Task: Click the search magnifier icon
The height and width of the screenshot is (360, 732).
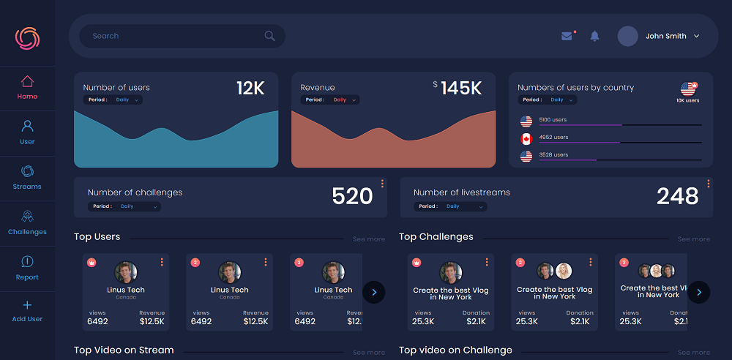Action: point(270,36)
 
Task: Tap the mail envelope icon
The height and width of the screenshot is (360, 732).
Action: point(567,36)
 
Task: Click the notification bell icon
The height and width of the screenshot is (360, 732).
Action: point(594,36)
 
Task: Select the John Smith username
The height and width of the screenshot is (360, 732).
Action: point(666,36)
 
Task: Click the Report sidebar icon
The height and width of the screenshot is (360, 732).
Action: point(27,261)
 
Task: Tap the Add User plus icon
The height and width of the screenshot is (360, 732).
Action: point(27,305)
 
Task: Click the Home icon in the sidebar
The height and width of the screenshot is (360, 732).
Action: point(27,81)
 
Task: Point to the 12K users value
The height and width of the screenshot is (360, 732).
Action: point(250,89)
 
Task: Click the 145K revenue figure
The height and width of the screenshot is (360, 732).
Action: point(460,89)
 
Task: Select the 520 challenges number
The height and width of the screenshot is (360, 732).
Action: point(352,196)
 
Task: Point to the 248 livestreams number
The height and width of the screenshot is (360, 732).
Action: point(677,196)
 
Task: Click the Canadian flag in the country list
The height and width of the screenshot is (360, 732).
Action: point(526,139)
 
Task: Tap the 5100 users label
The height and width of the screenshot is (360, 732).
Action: point(553,119)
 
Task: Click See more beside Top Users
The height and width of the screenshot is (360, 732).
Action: point(368,239)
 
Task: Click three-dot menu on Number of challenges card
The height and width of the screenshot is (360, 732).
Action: point(382,184)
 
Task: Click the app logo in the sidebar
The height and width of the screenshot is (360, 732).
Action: point(27,38)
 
